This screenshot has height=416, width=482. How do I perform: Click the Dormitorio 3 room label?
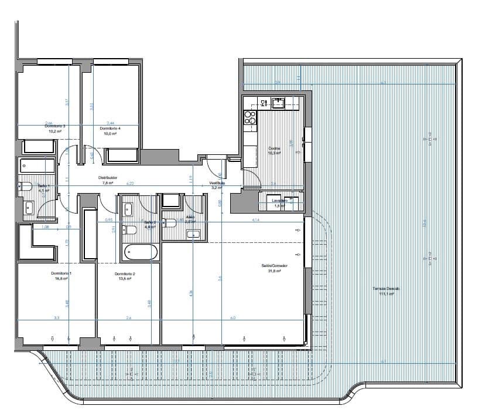point(56,127)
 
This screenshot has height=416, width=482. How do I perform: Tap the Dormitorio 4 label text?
point(110,128)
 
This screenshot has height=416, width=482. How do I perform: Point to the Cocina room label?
point(274,148)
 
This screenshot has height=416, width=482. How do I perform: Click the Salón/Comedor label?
point(274,265)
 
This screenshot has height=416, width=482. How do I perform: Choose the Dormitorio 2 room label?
point(125,274)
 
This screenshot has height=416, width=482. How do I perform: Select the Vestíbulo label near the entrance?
point(217,182)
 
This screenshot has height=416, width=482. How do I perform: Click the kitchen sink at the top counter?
point(278,103)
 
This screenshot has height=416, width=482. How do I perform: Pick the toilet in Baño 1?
point(25,187)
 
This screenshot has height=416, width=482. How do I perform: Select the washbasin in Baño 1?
point(29,207)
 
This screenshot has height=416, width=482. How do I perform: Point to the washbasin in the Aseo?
point(193,235)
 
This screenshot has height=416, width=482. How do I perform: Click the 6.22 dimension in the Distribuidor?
point(130,184)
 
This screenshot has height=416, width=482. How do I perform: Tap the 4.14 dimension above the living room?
point(255,219)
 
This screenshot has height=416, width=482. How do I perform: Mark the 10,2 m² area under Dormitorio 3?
point(56,133)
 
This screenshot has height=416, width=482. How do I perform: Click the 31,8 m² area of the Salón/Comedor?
point(274,270)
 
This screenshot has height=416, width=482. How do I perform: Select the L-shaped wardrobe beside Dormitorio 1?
point(35,244)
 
